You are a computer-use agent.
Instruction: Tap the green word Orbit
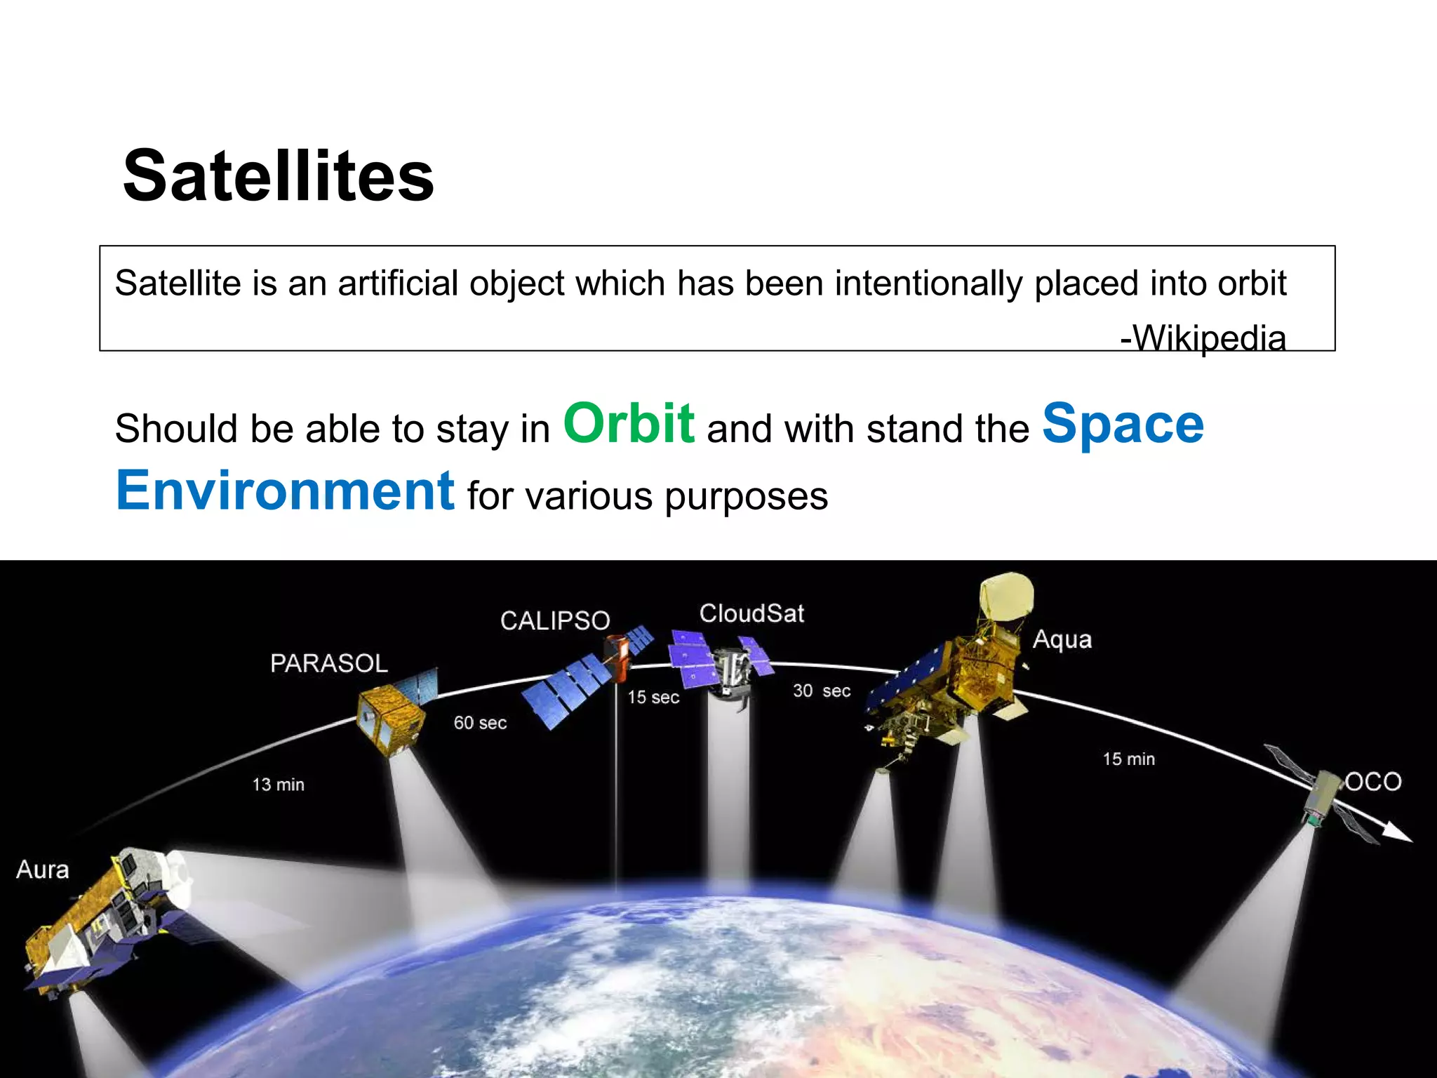point(629,424)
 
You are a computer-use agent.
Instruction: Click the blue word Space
point(1123,424)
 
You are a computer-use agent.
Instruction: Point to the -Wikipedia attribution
point(1203,338)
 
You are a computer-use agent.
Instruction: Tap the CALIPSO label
point(555,621)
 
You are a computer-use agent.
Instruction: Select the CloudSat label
point(751,613)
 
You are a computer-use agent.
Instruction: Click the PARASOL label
point(328,663)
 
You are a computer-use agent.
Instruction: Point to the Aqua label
point(1062,639)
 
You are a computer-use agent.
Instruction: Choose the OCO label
point(1373,782)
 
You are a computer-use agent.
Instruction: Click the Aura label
point(43,870)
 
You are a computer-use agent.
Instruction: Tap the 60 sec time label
point(480,723)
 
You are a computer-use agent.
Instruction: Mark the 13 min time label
point(279,785)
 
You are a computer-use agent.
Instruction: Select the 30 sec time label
point(822,691)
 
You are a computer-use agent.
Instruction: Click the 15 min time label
point(1128,759)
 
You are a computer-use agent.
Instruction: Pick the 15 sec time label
point(653,698)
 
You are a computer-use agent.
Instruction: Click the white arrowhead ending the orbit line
point(1398,834)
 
